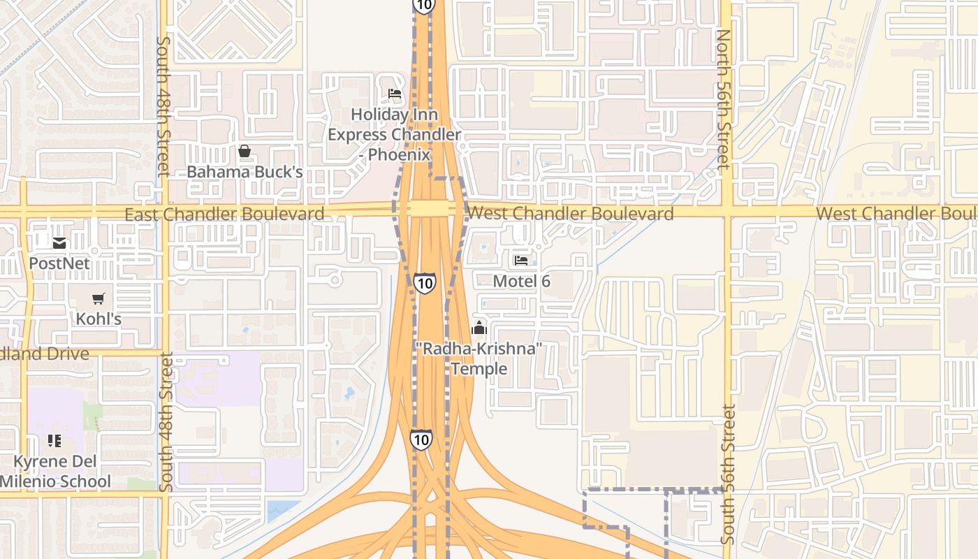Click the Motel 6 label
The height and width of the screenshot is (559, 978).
521,281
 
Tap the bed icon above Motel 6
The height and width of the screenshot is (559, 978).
521,261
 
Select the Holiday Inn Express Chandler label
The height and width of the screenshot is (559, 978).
394,134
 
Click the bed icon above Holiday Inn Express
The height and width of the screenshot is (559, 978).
395,94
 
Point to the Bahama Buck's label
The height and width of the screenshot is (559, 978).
245,172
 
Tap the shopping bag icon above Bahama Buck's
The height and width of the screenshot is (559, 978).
245,151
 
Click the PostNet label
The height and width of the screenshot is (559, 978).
59,263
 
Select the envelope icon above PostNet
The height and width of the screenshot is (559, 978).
59,243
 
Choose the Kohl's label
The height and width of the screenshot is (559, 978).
98,319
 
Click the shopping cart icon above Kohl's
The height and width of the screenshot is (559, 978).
98,298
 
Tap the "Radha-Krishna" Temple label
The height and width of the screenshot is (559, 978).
479,358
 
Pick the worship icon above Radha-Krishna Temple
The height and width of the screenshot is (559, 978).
479,327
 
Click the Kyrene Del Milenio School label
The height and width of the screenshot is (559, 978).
54,472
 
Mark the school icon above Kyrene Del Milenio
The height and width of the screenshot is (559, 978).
54,441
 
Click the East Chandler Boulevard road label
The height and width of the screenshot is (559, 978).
224,214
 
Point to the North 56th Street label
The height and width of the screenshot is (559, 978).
724,99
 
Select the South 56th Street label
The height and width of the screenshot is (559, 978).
728,475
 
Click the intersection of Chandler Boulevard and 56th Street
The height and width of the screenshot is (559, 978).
727,210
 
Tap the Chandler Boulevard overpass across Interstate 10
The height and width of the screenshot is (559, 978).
430,209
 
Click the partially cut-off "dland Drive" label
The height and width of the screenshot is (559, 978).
45,354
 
